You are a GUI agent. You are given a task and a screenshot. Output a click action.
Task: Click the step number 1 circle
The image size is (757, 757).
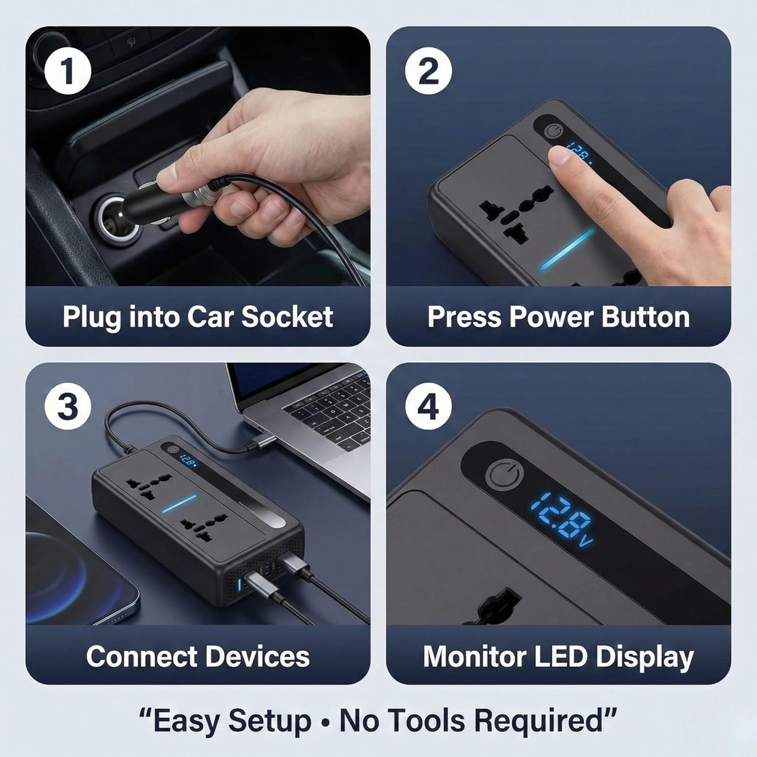(68, 72)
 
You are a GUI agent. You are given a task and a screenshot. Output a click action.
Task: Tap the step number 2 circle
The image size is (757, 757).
(429, 72)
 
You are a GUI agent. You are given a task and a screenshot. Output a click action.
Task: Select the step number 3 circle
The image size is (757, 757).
(68, 407)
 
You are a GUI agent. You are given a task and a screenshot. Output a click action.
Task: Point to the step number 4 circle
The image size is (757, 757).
(429, 407)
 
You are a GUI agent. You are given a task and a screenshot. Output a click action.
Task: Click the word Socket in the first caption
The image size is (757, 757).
(287, 316)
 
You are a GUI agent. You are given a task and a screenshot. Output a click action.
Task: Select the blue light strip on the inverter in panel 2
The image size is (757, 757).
(568, 249)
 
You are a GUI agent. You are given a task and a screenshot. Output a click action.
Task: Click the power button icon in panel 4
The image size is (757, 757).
(504, 477)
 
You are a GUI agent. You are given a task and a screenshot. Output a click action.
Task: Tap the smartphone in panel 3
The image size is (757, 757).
(79, 566)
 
